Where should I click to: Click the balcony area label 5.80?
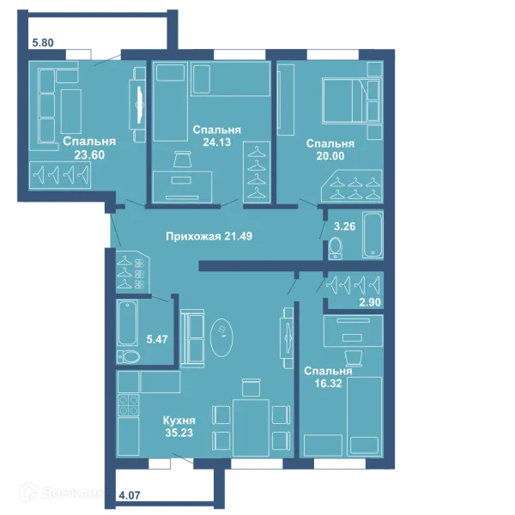[x=43, y=43]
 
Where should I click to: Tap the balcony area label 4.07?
[x=130, y=495]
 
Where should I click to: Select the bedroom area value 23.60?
[x=89, y=154]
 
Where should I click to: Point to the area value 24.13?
[x=217, y=142]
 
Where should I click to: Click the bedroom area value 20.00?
[x=330, y=156]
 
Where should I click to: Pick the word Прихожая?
[x=193, y=237]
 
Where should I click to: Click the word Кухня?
[x=179, y=421]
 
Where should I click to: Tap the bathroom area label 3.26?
[x=344, y=227]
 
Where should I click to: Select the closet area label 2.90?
[x=370, y=302]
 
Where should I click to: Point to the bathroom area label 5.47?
[x=157, y=339]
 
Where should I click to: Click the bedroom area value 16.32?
[x=328, y=384]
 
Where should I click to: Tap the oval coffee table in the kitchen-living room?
[x=221, y=337]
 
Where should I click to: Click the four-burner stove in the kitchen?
[x=129, y=405]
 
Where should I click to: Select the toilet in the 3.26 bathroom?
[x=336, y=248]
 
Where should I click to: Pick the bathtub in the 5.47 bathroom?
[x=127, y=323]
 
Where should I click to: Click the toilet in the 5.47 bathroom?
[x=129, y=357]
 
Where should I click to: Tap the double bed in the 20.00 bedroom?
[x=352, y=100]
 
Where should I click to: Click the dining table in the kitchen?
[x=251, y=427]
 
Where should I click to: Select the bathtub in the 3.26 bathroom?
[x=373, y=235]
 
